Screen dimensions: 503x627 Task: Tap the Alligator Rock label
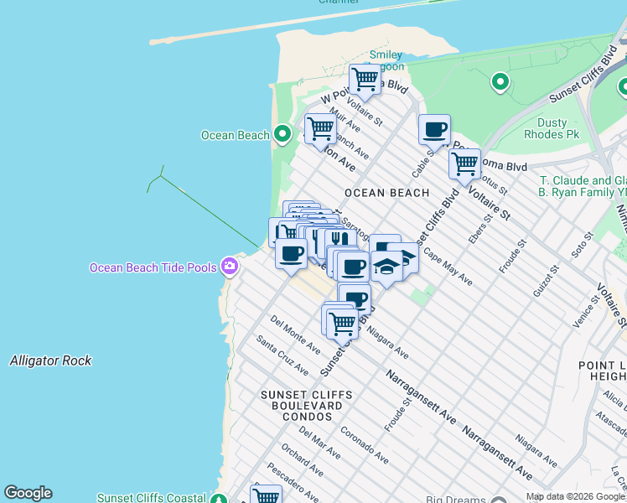50,360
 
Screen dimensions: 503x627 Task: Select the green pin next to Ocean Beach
282,134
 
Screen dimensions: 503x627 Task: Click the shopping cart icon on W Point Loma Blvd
365,80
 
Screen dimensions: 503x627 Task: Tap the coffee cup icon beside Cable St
434,130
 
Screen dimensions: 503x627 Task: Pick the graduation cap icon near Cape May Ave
386,266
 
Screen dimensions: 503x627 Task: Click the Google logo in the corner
28,493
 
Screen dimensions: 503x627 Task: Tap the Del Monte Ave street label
295,334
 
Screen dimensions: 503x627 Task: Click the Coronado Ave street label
364,445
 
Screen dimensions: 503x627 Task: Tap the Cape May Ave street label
447,267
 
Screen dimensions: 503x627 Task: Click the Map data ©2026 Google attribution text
575,496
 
